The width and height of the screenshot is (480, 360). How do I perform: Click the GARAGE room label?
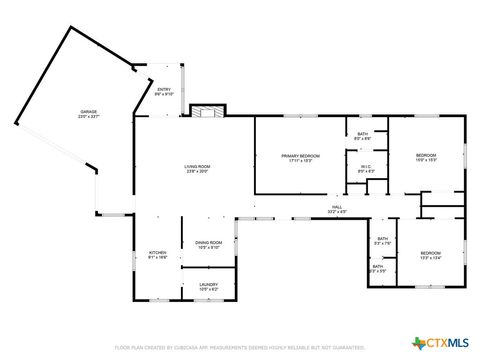click(90, 112)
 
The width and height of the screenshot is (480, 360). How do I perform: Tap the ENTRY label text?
click(164, 90)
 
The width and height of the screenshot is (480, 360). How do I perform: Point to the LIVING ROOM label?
click(196, 166)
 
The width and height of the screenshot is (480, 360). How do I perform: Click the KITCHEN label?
click(158, 252)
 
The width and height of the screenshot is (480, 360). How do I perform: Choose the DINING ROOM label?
click(208, 243)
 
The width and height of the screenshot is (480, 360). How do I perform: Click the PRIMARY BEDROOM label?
click(300, 155)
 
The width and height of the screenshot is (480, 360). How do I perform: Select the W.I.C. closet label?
click(366, 166)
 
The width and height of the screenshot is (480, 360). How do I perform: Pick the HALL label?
click(338, 207)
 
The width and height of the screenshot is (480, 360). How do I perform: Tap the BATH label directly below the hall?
click(382, 239)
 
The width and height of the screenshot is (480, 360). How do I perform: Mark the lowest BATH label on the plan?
click(378, 266)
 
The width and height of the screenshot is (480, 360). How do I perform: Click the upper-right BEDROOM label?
click(426, 155)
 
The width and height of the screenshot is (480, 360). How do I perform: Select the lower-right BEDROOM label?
click(430, 252)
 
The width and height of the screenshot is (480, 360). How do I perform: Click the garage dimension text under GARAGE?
click(90, 117)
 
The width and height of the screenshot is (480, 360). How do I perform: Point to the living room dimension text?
click(196, 171)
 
